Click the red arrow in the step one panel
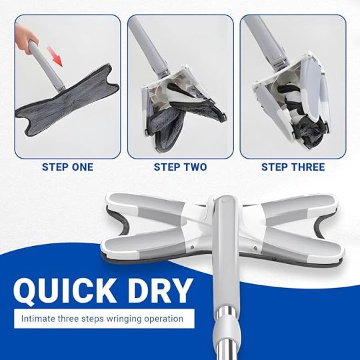pos(55,56)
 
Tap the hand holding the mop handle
pos(25,39)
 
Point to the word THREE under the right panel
pos(307,167)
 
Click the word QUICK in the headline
pos(65,291)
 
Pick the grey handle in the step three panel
pos(265,39)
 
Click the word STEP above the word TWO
pos(165,167)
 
